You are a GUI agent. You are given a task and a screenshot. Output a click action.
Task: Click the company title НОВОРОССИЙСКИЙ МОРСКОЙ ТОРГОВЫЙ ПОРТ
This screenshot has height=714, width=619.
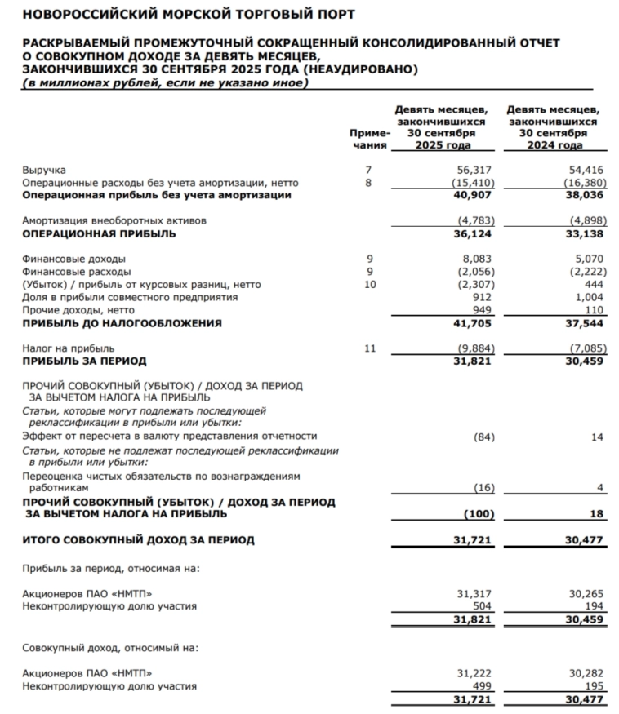point(177,14)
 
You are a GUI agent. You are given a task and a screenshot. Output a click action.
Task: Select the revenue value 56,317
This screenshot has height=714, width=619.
point(474,170)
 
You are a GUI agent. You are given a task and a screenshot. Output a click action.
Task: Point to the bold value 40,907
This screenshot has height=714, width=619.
point(473,196)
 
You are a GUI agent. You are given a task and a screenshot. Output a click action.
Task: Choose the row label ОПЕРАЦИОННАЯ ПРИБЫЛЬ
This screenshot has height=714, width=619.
point(99,233)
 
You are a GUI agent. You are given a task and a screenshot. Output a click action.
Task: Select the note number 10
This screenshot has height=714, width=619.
point(368,284)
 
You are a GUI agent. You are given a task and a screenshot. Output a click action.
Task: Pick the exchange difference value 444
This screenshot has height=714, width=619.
point(593,284)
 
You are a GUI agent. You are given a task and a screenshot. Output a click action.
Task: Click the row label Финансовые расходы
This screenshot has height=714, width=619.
point(77,271)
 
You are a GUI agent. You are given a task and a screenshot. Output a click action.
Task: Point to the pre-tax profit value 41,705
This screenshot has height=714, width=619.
point(473,323)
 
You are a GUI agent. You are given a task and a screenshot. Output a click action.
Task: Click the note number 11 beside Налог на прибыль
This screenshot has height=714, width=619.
point(368,348)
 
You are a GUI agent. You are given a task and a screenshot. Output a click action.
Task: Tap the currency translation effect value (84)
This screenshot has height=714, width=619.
point(485,437)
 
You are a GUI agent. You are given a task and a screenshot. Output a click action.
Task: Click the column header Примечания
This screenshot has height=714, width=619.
point(369,140)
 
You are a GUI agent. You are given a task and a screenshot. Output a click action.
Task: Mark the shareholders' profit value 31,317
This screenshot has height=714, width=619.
point(474,594)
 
